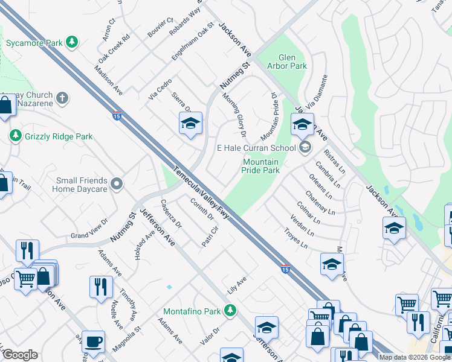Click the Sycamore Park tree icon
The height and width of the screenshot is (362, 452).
coord(73,42)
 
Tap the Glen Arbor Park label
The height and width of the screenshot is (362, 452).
coord(288,62)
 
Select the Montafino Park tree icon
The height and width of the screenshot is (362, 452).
coord(230,311)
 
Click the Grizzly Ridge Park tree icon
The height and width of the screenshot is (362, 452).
coord(15,136)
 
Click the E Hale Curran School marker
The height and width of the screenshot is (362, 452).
coord(305,147)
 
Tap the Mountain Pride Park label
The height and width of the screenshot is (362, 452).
coord(261,166)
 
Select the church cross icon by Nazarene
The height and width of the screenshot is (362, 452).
coord(63,97)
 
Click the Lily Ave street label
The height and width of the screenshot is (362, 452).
coord(237,282)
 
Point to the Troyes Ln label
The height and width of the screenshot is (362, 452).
coord(296,239)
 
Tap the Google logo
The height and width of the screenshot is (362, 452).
coord(20,355)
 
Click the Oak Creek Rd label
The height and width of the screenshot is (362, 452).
coord(114,48)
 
